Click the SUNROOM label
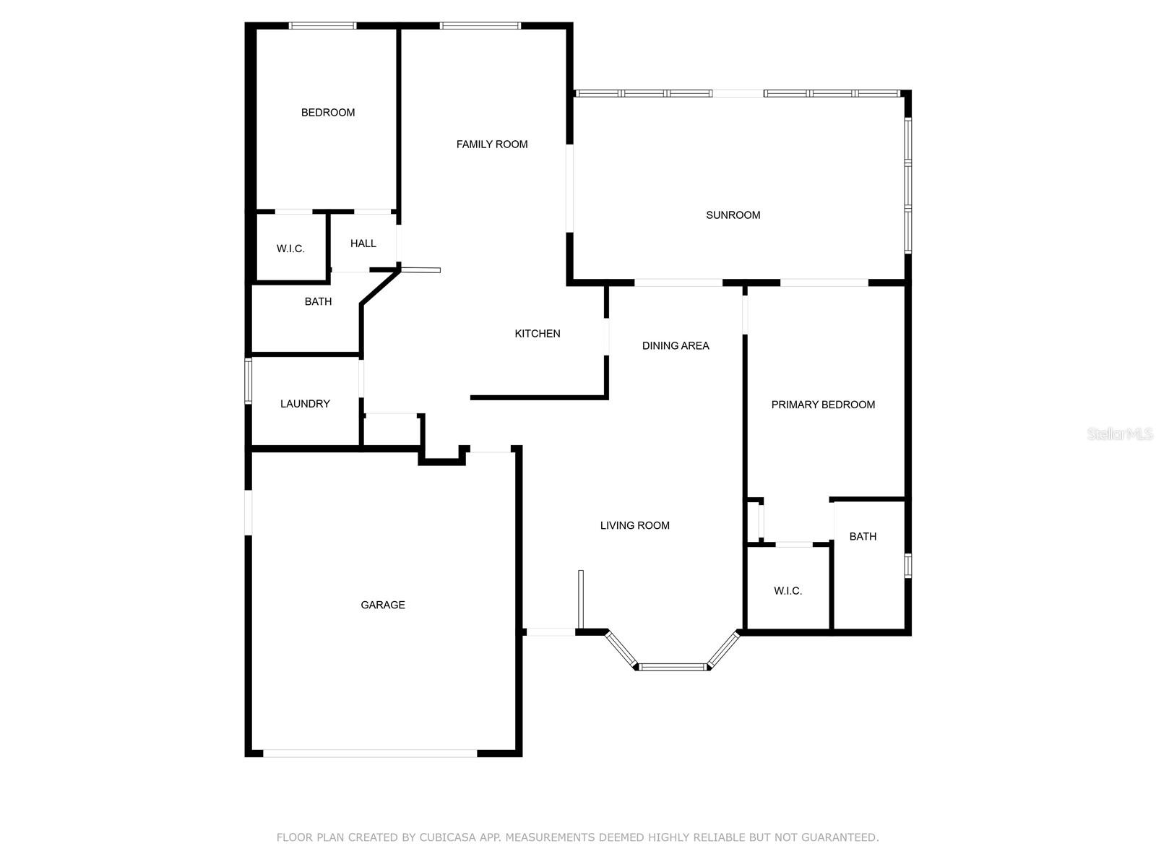point(733,215)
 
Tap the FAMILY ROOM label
point(491,144)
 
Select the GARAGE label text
point(382,605)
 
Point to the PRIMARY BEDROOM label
point(823,405)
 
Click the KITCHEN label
point(537,334)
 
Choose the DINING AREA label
point(675,345)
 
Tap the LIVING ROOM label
point(634,525)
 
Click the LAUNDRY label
point(305,404)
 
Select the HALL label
point(363,243)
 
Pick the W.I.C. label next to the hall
point(290,249)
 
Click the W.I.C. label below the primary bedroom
point(788,591)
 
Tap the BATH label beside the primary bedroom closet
point(863,536)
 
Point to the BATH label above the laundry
point(318,301)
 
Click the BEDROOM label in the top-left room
point(327,113)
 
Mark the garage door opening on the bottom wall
point(370,753)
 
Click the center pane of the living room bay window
point(673,667)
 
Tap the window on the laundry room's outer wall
point(249,381)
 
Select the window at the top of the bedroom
point(322,26)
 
